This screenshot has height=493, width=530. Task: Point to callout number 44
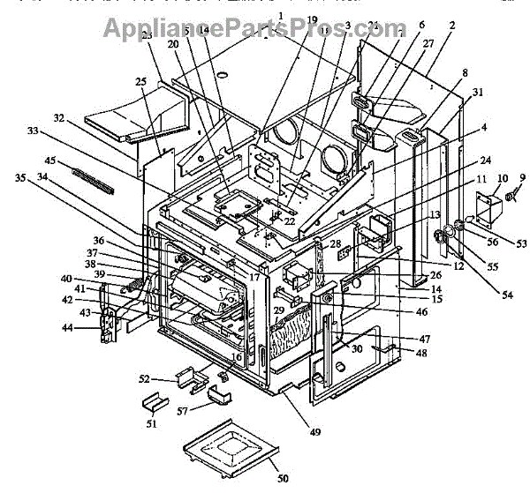(91, 329)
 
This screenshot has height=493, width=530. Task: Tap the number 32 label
(58, 117)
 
